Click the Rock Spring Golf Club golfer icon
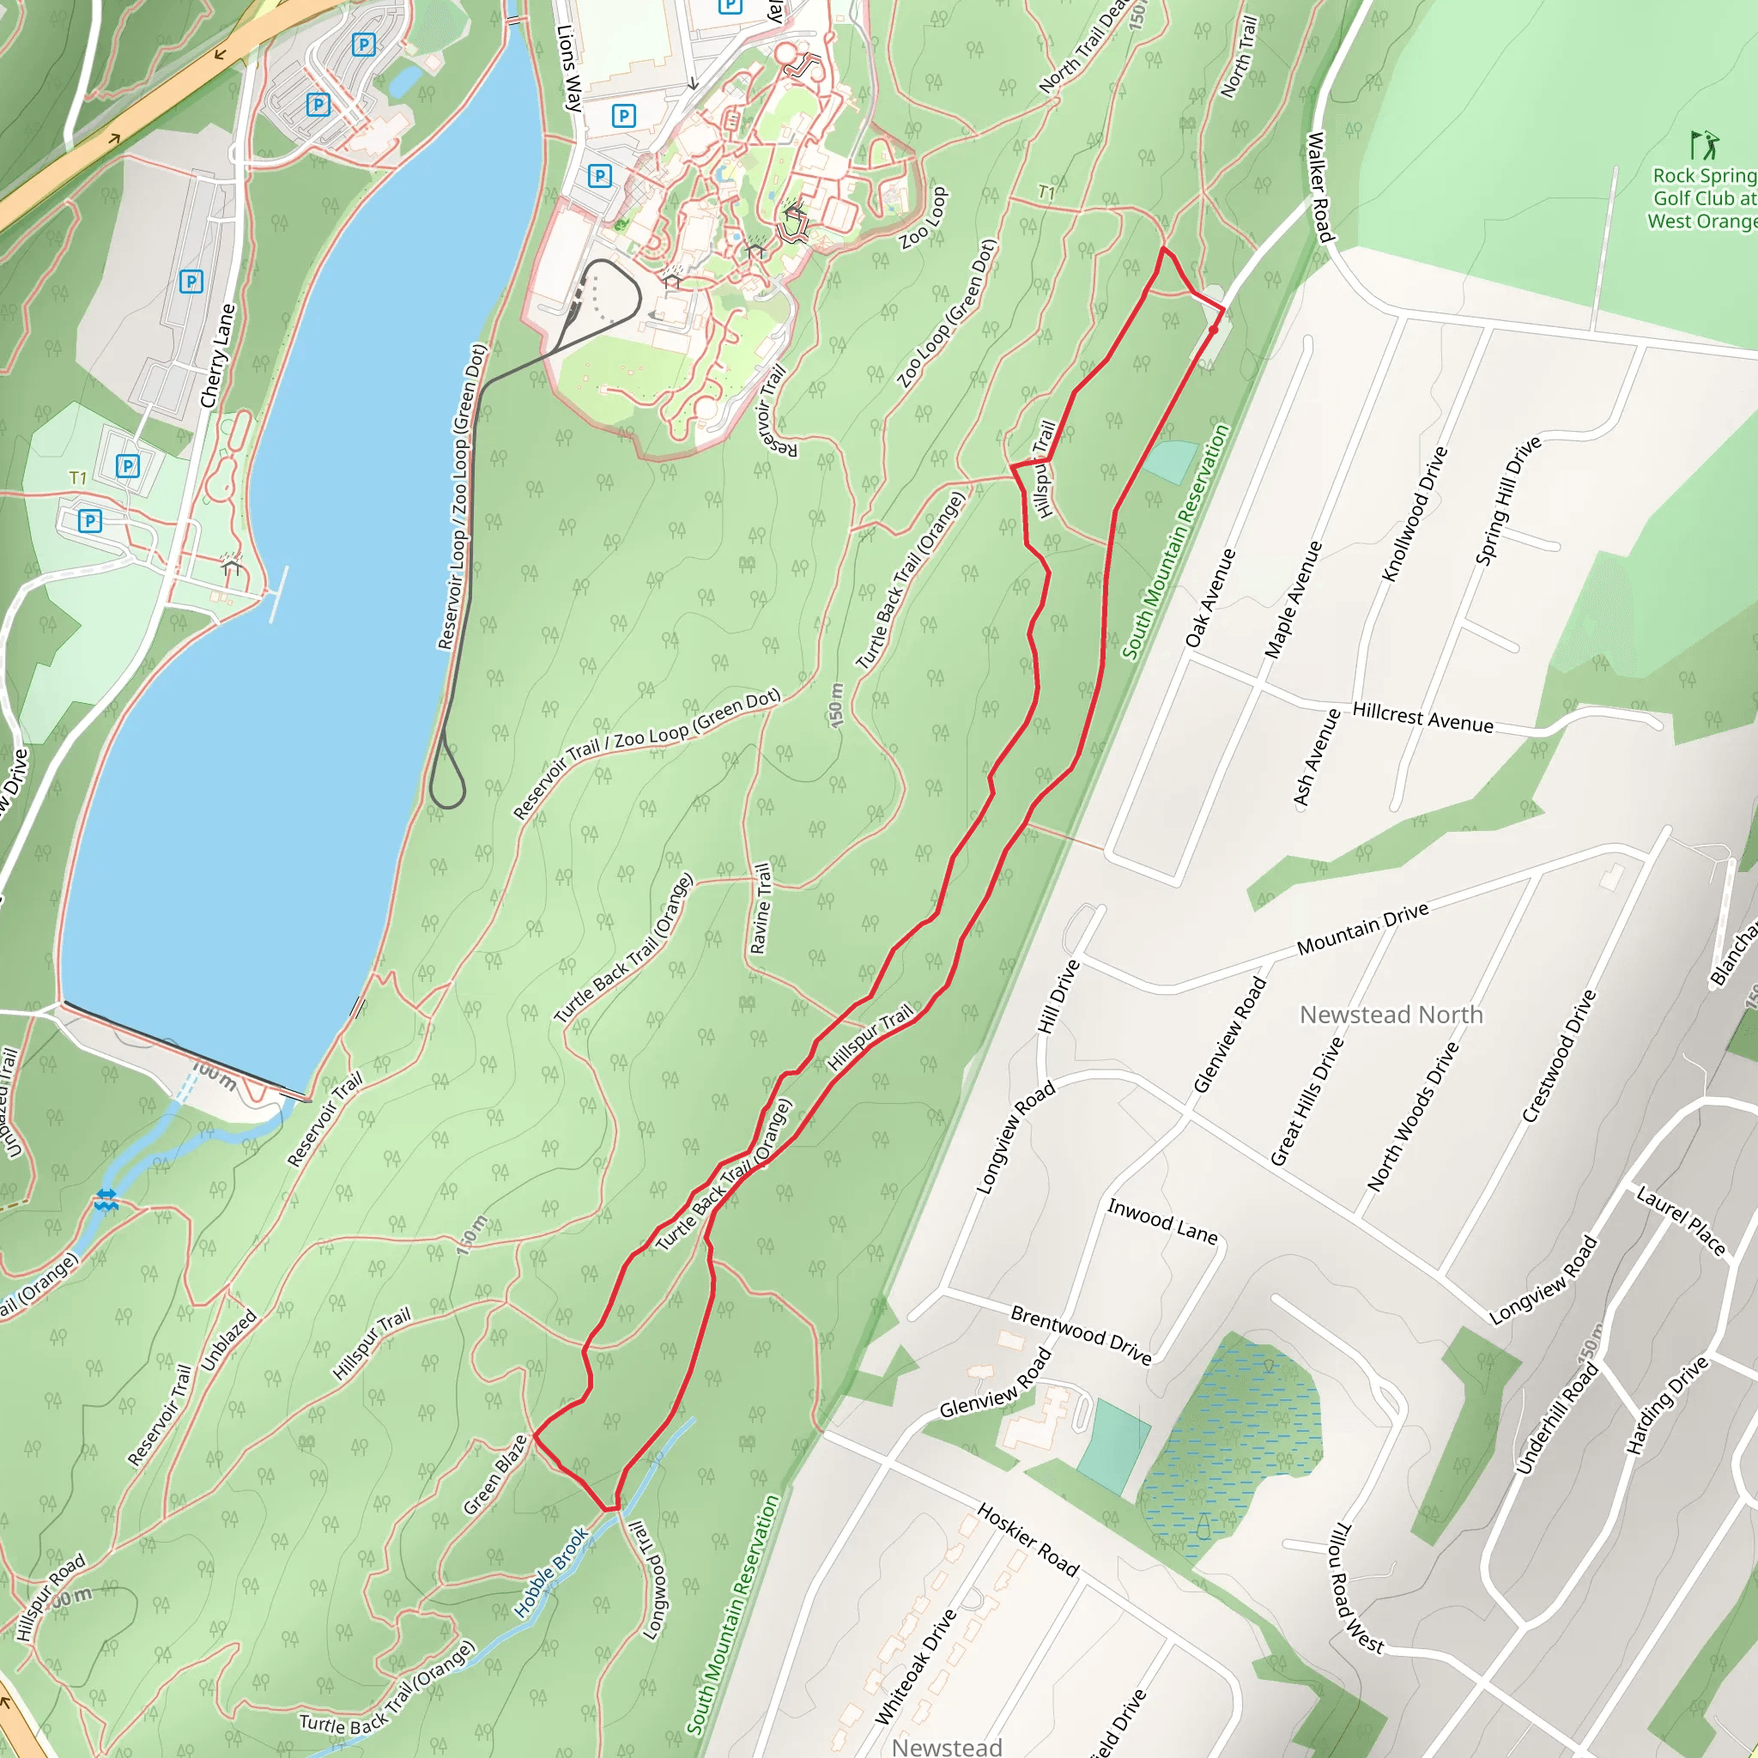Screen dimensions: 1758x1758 1704,146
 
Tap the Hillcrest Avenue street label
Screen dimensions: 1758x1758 1423,717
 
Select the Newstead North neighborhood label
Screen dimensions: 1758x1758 1391,1015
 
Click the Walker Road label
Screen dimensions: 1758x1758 1320,187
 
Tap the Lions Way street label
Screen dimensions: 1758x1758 569,69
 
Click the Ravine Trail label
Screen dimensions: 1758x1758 761,908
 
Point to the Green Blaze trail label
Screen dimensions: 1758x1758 495,1475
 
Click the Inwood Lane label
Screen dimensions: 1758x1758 1162,1222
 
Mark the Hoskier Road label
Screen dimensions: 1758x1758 1028,1541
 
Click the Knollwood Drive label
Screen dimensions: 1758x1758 1414,514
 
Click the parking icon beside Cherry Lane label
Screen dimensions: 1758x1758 191,282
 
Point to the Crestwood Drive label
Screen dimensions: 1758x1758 1560,1057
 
